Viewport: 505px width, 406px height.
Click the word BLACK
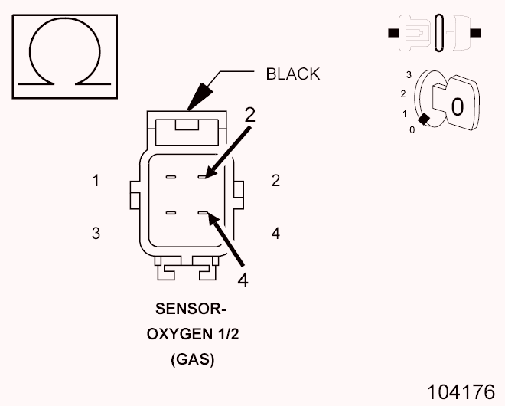[292, 74]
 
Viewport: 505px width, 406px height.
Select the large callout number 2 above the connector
[249, 115]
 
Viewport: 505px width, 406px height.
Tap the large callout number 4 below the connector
[243, 280]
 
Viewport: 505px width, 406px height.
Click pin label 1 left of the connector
[96, 182]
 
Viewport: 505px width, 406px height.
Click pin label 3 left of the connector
[96, 234]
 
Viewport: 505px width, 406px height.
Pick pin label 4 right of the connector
[275, 234]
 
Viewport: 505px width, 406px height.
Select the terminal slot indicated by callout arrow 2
[203, 178]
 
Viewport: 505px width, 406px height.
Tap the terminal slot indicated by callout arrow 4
[203, 213]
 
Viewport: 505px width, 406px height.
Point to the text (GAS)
[192, 359]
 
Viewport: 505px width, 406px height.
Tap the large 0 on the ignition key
[457, 106]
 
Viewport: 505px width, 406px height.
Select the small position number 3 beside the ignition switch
[409, 75]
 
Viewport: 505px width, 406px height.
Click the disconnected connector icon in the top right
[435, 34]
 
